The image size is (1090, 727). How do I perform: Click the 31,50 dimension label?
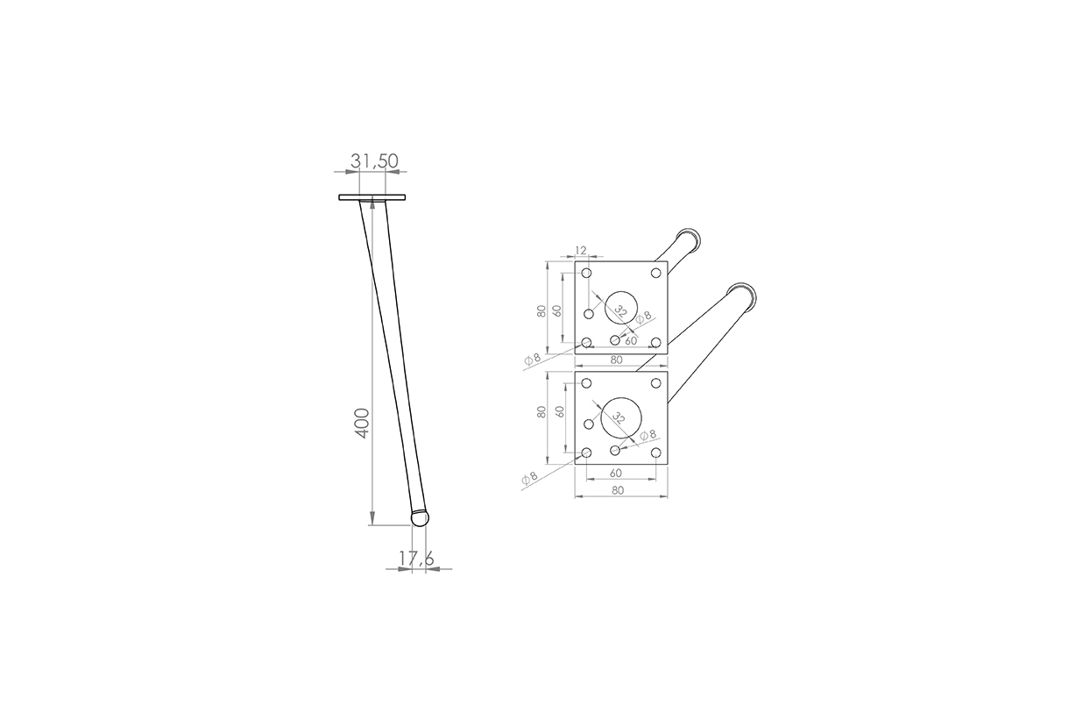(374, 161)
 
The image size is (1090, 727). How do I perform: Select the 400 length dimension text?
(364, 424)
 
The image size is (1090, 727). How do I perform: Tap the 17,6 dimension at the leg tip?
(416, 559)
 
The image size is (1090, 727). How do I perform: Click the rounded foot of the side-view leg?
(420, 517)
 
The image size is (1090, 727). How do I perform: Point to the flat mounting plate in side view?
(372, 197)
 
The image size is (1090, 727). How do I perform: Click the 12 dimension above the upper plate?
(581, 250)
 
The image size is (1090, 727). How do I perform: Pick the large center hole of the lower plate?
(621, 417)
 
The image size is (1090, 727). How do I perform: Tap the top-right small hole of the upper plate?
(656, 273)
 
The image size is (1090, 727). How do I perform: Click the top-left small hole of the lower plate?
(586, 383)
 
